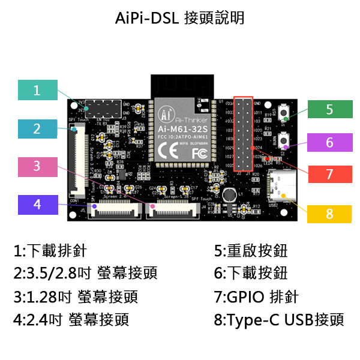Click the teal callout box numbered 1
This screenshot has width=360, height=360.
(37, 90)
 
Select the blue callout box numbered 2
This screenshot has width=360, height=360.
(37, 128)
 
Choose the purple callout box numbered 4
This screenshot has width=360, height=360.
(37, 205)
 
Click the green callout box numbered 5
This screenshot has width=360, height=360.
(329, 110)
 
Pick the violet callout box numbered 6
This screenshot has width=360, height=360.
(329, 143)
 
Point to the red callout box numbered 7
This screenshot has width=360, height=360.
(329, 174)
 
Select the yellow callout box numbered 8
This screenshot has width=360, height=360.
(329, 214)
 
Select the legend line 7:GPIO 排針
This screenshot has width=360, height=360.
(256, 296)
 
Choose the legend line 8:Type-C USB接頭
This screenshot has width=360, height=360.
(278, 319)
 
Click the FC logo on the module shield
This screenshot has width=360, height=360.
(199, 153)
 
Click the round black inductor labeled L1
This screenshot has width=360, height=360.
(228, 196)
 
